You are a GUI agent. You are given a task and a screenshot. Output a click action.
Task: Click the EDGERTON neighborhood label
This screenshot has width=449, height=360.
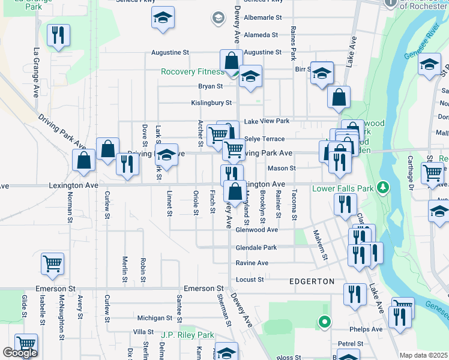point(312,281)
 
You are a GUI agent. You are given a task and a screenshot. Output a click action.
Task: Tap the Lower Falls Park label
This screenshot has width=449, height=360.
point(342,188)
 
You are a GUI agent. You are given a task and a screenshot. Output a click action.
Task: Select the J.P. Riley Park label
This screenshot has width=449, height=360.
point(188,335)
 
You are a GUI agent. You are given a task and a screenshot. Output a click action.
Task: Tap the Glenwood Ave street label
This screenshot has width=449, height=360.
point(257,230)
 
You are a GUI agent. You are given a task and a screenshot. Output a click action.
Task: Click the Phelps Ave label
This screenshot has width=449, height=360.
point(368,329)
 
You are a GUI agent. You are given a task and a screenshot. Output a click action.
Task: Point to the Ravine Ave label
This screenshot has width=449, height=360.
point(252,263)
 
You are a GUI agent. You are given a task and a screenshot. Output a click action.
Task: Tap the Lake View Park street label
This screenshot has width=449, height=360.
point(267,121)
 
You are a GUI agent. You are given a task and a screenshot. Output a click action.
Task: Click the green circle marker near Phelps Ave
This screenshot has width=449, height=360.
point(325,323)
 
